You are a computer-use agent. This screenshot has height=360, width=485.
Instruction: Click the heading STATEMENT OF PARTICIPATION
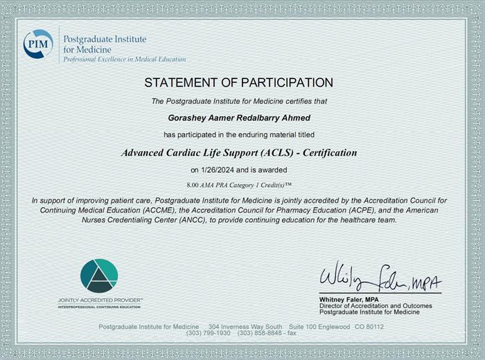pyautogui.click(x=238, y=83)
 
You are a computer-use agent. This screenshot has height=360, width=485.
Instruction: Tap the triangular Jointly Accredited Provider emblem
pyautogui.click(x=99, y=276)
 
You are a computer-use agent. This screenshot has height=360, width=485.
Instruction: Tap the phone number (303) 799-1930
pyautogui.click(x=208, y=333)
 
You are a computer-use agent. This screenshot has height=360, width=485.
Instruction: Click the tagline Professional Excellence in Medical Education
pyautogui.click(x=125, y=60)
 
